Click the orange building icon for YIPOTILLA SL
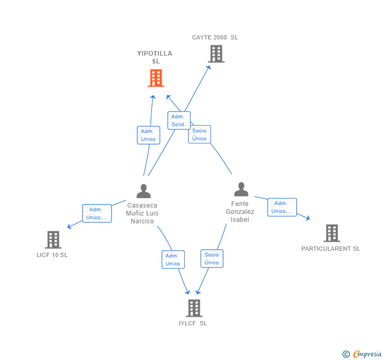[x=156, y=78]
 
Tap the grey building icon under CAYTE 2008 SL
[x=216, y=54]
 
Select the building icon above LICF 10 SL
[x=53, y=240]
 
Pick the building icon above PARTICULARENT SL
[x=331, y=233]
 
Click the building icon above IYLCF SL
[x=194, y=308]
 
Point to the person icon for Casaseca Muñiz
[x=143, y=191]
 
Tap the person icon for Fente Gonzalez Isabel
[x=241, y=189]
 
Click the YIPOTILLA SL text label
[x=155, y=57]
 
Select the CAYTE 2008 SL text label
[x=215, y=37]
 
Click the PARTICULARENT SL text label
[x=330, y=249]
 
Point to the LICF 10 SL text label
[x=52, y=255]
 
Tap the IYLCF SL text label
[x=193, y=323]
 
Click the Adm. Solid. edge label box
[x=178, y=120]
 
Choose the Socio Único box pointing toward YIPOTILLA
[x=199, y=135]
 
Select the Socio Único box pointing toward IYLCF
[x=211, y=259]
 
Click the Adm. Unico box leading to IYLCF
[x=173, y=260]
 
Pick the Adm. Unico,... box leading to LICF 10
[x=97, y=213]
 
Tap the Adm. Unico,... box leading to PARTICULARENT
[x=282, y=207]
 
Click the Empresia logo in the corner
[x=361, y=354]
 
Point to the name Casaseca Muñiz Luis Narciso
[x=142, y=213]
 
